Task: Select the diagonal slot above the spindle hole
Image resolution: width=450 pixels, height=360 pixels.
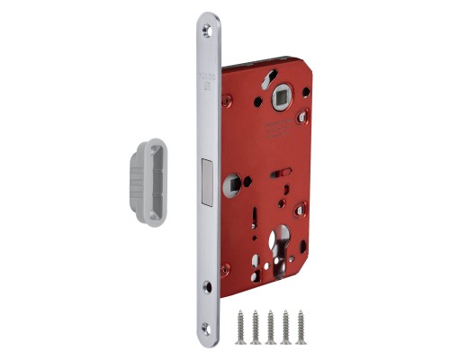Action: coord(265,81)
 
